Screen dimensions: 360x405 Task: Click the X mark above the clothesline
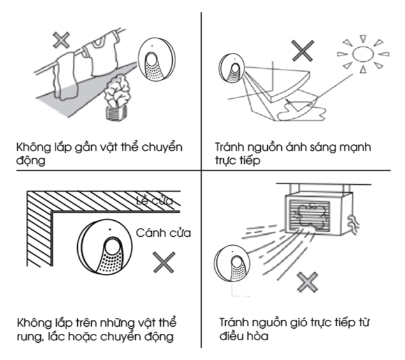pos(61,40)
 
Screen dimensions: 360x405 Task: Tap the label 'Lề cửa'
pos(155,203)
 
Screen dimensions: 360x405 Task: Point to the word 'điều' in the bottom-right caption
pos(231,334)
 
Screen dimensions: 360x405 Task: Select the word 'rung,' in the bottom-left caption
pos(30,334)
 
